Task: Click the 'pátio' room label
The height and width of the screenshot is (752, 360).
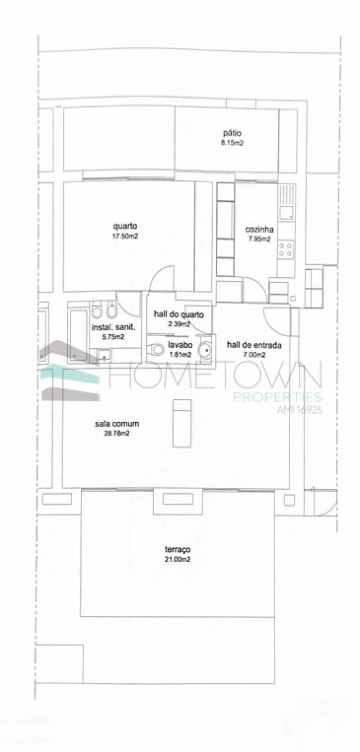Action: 232,134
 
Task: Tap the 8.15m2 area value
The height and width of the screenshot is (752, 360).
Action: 232,143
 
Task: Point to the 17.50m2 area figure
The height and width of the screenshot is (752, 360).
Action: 125,236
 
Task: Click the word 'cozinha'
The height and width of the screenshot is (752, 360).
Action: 259,229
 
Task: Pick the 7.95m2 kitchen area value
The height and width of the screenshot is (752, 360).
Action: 259,239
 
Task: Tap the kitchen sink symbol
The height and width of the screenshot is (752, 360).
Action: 286,211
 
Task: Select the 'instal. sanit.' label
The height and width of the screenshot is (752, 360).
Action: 114,327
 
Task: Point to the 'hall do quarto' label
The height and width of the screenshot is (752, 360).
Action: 179,315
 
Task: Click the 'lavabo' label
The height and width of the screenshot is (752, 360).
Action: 180,345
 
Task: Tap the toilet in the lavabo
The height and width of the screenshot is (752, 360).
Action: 156,350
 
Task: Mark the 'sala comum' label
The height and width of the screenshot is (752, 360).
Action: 117,423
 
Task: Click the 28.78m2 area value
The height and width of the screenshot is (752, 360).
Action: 117,433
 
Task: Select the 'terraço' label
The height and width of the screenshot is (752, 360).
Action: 178,549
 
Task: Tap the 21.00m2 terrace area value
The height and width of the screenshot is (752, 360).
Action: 178,559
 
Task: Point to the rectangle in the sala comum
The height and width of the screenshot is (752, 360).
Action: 182,423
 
